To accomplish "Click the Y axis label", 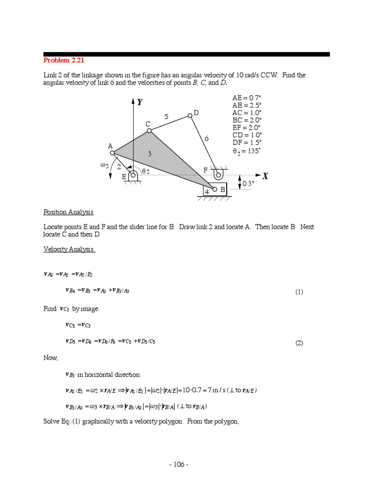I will click(140, 102).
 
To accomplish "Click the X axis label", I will click(265, 176).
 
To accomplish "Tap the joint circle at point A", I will click(112, 153).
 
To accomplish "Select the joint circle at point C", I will click(149, 130).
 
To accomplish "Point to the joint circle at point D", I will click(190, 115).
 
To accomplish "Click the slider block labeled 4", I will click(214, 189).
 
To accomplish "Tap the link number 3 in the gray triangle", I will click(150, 154).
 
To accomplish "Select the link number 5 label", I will click(166, 117).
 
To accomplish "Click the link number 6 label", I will click(207, 139).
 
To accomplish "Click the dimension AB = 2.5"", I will click(247, 105).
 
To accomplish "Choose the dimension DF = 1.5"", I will click(247, 142).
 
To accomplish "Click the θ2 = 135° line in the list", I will click(247, 151).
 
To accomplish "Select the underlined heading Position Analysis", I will click(68, 212).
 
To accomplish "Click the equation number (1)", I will click(299, 292).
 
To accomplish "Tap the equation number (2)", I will click(299, 343).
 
